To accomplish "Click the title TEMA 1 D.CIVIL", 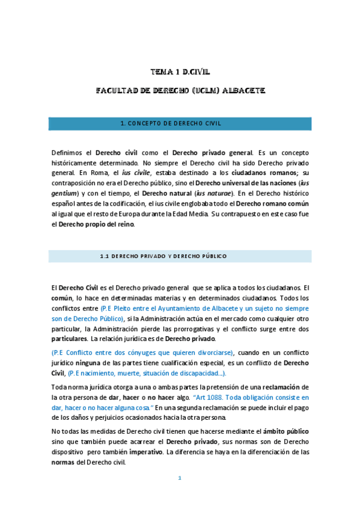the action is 180,72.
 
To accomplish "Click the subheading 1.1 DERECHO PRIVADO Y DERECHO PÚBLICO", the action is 163,256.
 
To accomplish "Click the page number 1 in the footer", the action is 180,478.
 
